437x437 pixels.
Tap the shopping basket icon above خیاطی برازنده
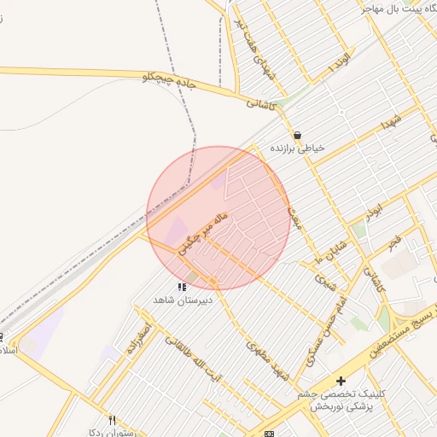point(297,135)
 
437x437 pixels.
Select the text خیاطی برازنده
point(298,149)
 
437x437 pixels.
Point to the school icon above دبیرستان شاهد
point(182,287)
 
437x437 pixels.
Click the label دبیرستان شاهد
point(182,300)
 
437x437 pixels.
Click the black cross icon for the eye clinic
point(341,381)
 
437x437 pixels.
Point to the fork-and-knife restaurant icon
point(113,420)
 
